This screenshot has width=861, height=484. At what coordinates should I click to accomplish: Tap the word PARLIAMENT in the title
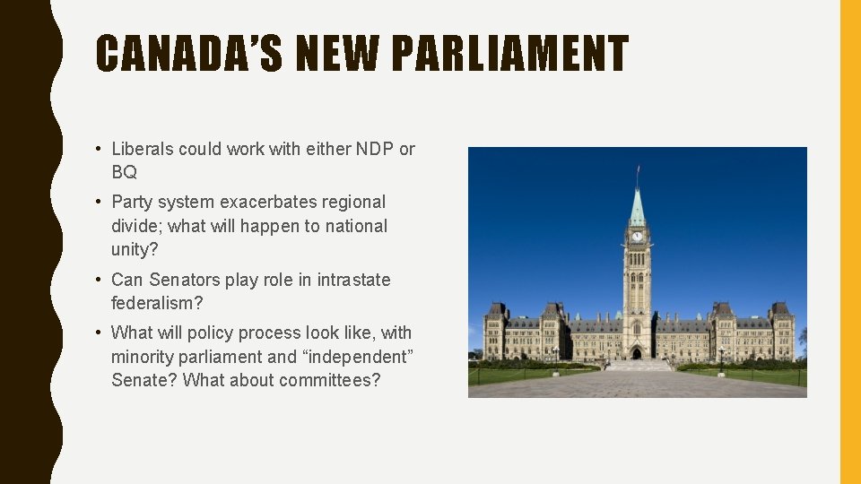click(509, 53)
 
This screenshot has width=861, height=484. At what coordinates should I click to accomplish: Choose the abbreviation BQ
click(124, 172)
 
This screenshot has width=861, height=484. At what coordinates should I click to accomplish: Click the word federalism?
click(157, 303)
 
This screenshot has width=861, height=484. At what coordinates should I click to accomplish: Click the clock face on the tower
click(637, 237)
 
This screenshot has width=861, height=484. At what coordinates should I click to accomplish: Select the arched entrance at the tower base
click(637, 352)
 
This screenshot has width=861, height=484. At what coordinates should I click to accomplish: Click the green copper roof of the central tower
click(637, 209)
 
